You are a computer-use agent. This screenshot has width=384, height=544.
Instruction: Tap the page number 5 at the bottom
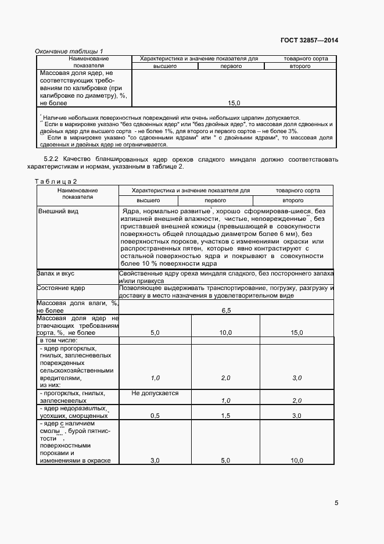click(x=337, y=503)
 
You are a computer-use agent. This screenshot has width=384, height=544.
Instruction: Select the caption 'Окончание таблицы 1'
click(x=69, y=51)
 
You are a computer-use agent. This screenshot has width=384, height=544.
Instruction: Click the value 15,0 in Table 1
click(x=234, y=103)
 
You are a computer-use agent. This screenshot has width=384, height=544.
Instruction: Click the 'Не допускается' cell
click(x=155, y=393)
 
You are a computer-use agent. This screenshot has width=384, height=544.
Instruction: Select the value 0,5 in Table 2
click(x=155, y=416)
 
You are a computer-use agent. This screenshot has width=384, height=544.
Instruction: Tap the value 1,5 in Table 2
click(x=226, y=416)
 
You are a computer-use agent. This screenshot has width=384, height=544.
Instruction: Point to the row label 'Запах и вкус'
click(x=55, y=273)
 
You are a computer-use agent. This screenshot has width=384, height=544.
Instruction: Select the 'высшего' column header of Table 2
click(x=155, y=199)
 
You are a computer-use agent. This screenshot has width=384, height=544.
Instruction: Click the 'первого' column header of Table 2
click(x=226, y=199)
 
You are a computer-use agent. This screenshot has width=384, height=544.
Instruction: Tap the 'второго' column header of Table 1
click(x=300, y=66)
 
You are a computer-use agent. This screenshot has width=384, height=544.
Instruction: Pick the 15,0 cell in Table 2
click(x=297, y=332)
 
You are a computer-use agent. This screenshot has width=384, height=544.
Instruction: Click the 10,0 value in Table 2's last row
click(x=297, y=460)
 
